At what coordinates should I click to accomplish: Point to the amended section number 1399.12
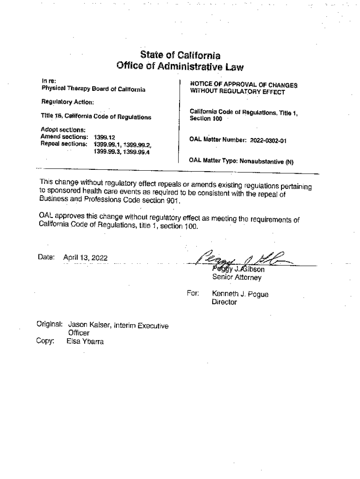click(x=104, y=137)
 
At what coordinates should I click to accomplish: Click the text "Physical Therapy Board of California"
click(x=94, y=88)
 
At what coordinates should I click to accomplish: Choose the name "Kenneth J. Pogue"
click(x=240, y=294)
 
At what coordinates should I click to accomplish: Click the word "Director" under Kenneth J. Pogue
click(x=224, y=302)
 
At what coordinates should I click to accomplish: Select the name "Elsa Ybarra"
click(x=86, y=341)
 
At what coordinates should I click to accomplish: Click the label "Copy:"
click(x=45, y=341)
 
